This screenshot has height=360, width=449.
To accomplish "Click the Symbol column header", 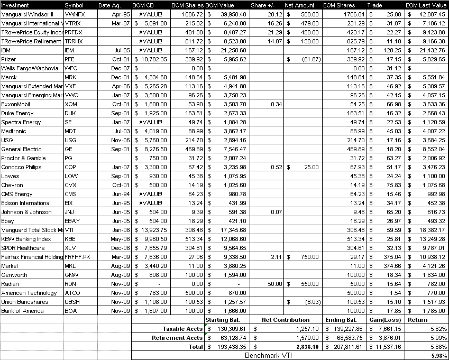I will pos(74,5).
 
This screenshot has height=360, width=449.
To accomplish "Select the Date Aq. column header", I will pos(109,5).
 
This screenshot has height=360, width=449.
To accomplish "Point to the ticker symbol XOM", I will pos(70,104).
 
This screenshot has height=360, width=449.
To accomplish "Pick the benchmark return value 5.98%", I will pos(439,356).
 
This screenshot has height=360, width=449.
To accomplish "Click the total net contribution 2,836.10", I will pos(299,347).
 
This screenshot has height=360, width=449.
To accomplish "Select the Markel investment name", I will pos(10,266).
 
